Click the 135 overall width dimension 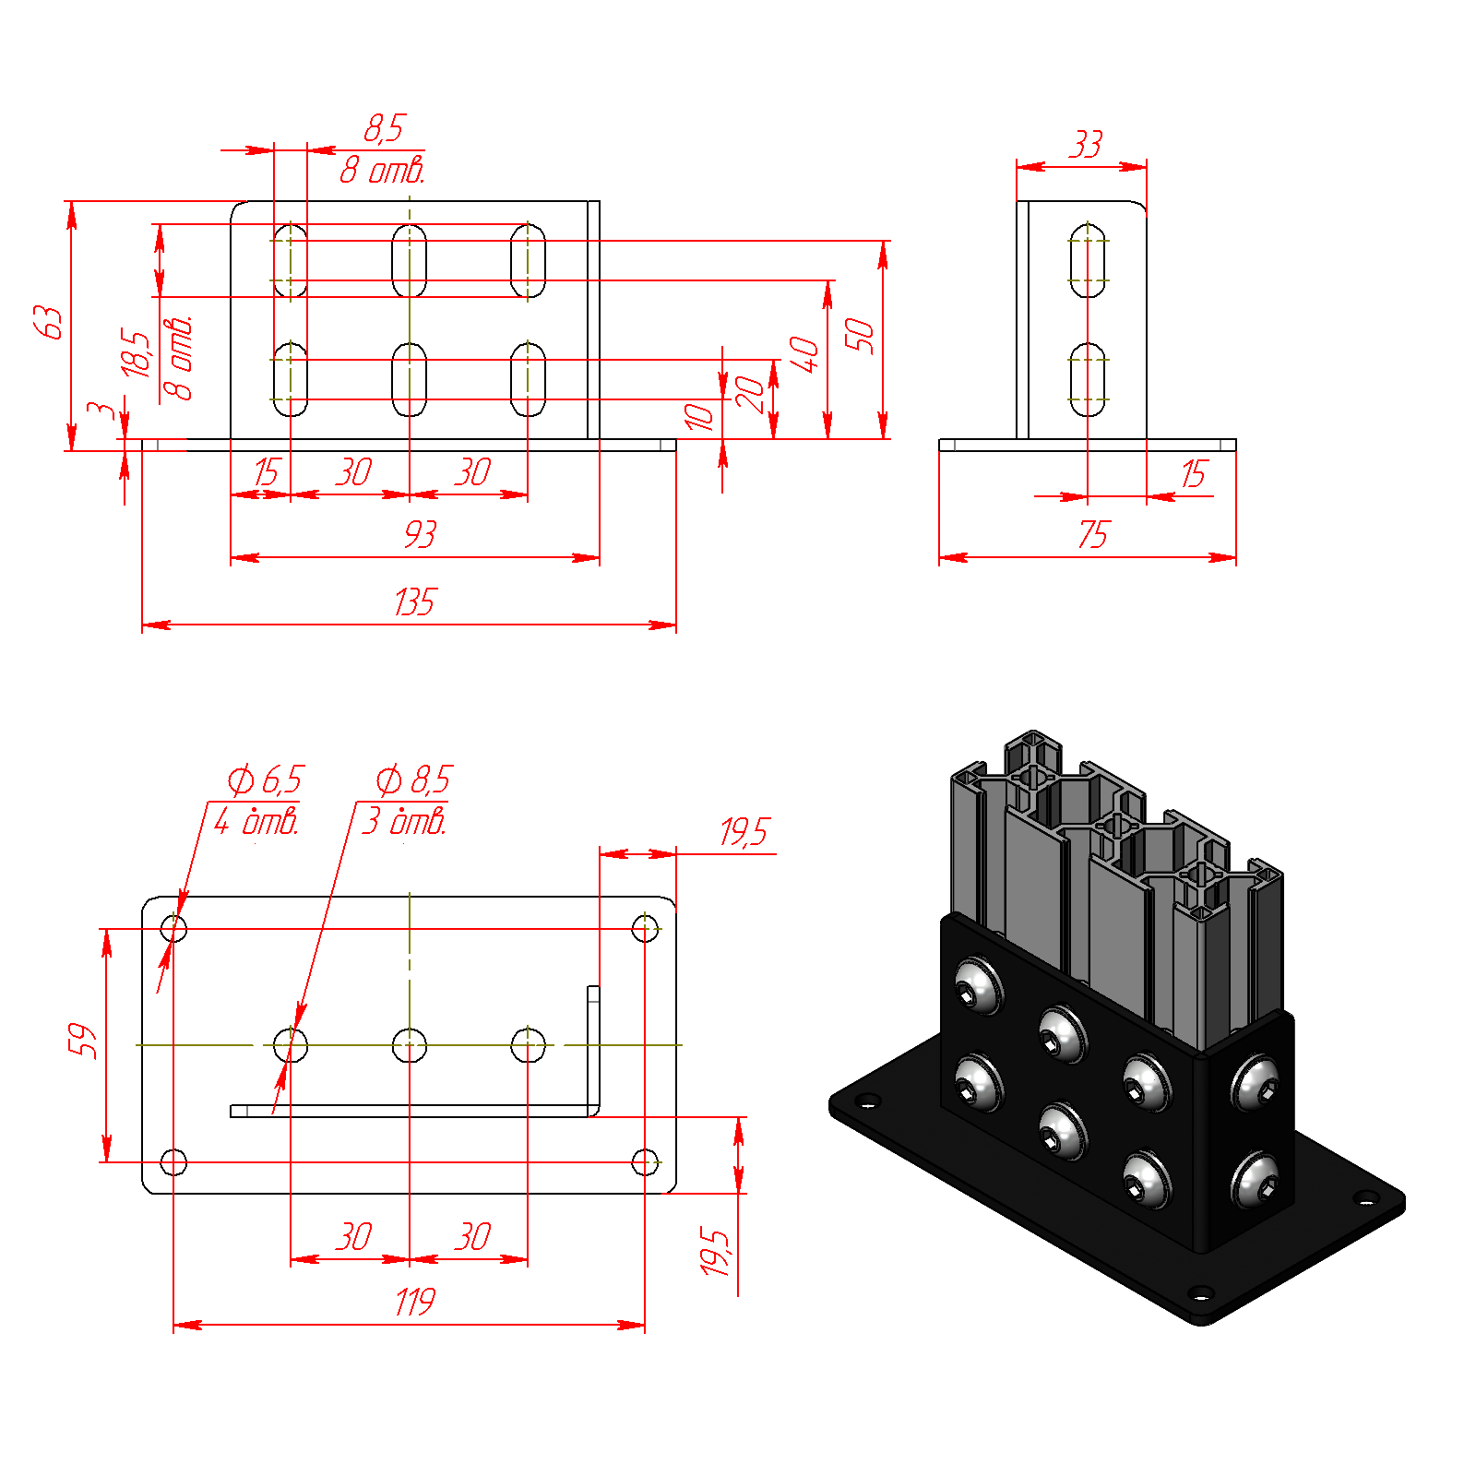point(414,602)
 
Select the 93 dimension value point(420,534)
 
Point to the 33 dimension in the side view point(1087,145)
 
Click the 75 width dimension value point(1093,534)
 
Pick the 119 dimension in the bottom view point(414,1303)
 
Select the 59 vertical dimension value point(82,1041)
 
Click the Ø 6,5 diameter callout point(266,780)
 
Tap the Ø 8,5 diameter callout point(414,780)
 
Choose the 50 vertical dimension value point(859,335)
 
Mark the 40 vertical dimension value point(803,354)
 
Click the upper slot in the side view point(1089,260)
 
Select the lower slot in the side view point(1089,379)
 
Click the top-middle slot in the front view point(410,260)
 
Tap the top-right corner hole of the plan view point(645,928)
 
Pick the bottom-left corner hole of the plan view point(173,1162)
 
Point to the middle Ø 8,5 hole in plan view point(410,1045)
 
